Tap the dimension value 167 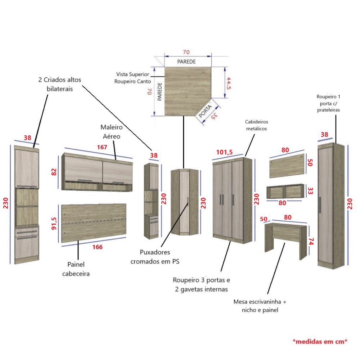(103, 147)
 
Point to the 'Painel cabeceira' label (76, 269)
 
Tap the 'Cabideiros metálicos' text (256, 125)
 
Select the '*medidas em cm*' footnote (320, 342)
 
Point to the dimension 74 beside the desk (311, 241)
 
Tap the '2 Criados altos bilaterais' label (55, 84)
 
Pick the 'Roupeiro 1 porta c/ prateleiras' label (328, 103)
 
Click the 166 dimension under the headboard (97, 247)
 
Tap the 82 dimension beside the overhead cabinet (54, 171)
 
